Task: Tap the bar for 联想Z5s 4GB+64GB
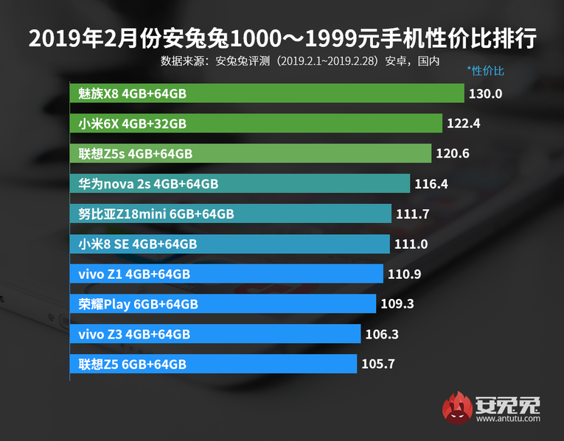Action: pos(251,153)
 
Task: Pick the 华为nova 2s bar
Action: pos(240,183)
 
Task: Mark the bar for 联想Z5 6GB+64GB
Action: pos(214,364)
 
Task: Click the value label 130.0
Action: pos(485,94)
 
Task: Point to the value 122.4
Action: pos(463,124)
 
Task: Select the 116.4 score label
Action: pos(431,183)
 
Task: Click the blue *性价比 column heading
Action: pos(486,71)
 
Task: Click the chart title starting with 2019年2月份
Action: pos(282,38)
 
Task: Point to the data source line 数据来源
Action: pos(299,60)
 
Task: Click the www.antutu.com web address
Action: pos(508,419)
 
